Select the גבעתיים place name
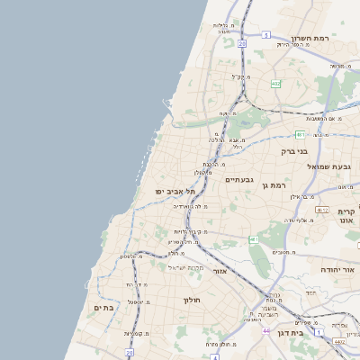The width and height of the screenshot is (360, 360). (239, 179)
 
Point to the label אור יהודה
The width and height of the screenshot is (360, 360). (339, 269)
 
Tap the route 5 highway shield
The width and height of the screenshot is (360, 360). (266, 34)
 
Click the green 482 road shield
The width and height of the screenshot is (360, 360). (276, 84)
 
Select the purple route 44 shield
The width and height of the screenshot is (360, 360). (266, 331)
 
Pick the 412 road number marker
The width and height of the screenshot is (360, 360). (320, 209)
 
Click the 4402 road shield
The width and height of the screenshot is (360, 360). (338, 341)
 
